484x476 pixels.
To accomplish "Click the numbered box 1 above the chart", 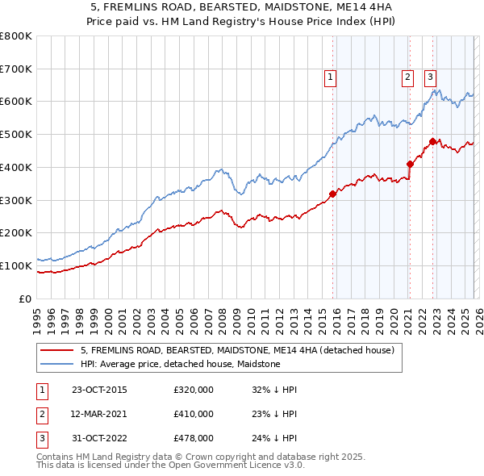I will pyautogui.click(x=332, y=77).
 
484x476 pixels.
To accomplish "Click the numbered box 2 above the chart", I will pyautogui.click(x=408, y=77).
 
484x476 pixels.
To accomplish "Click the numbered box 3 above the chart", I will pyautogui.click(x=431, y=77).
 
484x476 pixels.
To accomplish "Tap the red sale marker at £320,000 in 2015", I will pyautogui.click(x=332, y=194).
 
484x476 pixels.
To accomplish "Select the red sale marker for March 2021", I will pyautogui.click(x=409, y=164).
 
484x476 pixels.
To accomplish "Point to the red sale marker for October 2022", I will pyautogui.click(x=432, y=141).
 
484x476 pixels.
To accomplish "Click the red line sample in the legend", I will pyautogui.click(x=57, y=351).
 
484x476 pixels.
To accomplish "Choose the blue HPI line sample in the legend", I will pyautogui.click(x=57, y=365).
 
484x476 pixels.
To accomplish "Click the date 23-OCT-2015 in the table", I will pyautogui.click(x=99, y=390).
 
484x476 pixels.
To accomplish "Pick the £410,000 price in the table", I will pyautogui.click(x=194, y=414).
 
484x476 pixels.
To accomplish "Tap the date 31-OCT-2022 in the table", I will pyautogui.click(x=99, y=438).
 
